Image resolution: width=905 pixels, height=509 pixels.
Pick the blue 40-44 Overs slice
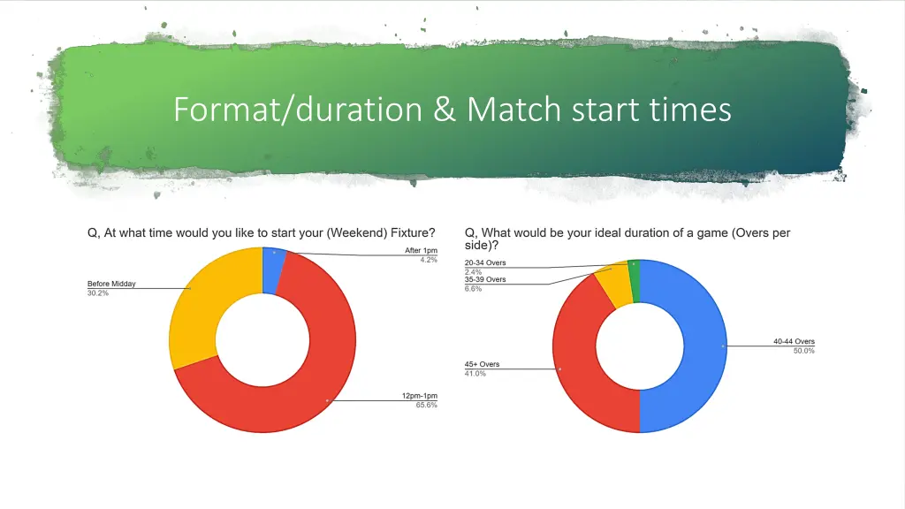(x=698, y=345)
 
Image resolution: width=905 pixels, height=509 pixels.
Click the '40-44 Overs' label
(x=793, y=341)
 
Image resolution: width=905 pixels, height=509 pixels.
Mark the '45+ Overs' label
(x=482, y=364)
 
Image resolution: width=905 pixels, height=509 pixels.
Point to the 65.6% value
(x=427, y=405)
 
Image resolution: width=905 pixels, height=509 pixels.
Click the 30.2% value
(x=98, y=292)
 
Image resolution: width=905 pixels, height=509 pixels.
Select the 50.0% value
(x=803, y=351)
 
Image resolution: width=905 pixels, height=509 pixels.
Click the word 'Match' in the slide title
(x=513, y=110)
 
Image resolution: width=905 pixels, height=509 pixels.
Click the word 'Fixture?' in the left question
(x=409, y=233)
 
